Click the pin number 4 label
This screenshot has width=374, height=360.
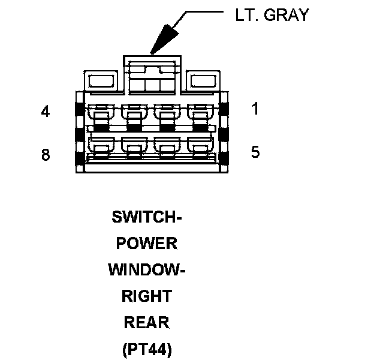pyautogui.click(x=46, y=112)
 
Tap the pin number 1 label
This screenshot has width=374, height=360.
pyautogui.click(x=255, y=109)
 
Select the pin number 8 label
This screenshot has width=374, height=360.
pyautogui.click(x=46, y=154)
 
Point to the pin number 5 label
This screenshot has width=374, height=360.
pyautogui.click(x=255, y=152)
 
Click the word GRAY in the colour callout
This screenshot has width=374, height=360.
pyautogui.click(x=286, y=15)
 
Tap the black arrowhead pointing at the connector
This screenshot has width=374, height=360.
pyautogui.click(x=164, y=39)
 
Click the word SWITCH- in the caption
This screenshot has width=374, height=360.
pyautogui.click(x=147, y=217)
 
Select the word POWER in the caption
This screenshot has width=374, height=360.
pyautogui.click(x=147, y=243)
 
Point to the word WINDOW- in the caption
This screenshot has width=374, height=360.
pyautogui.click(x=147, y=270)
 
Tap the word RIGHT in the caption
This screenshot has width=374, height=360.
pyautogui.click(x=147, y=296)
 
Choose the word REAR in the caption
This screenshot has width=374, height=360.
pyautogui.click(x=147, y=322)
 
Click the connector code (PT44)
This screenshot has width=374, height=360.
pyautogui.click(x=147, y=349)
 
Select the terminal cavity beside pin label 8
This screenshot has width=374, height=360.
pyautogui.click(x=101, y=148)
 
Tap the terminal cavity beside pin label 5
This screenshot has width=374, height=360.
pyautogui.click(x=200, y=148)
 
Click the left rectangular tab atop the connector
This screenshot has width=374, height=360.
pyautogui.click(x=101, y=81)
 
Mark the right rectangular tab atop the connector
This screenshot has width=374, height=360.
pyautogui.click(x=203, y=81)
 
